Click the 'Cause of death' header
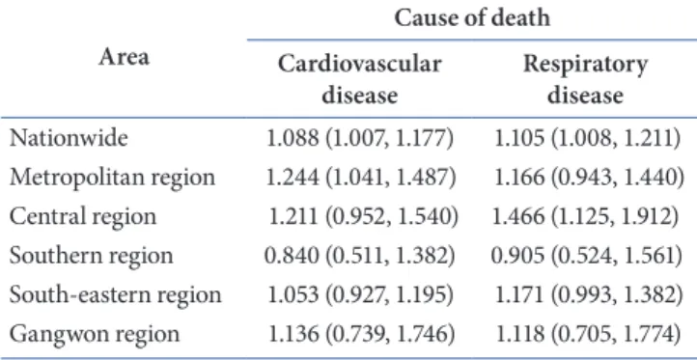coord(472,17)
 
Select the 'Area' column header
coord(124,57)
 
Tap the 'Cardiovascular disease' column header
coord(360,79)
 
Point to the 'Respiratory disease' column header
coord(585,79)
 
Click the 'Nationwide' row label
coord(69,138)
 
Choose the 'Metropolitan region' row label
coord(112,178)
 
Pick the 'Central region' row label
coord(83,217)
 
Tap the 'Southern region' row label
coord(91,256)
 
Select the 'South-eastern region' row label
coord(115,295)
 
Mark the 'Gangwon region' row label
coord(95,334)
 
